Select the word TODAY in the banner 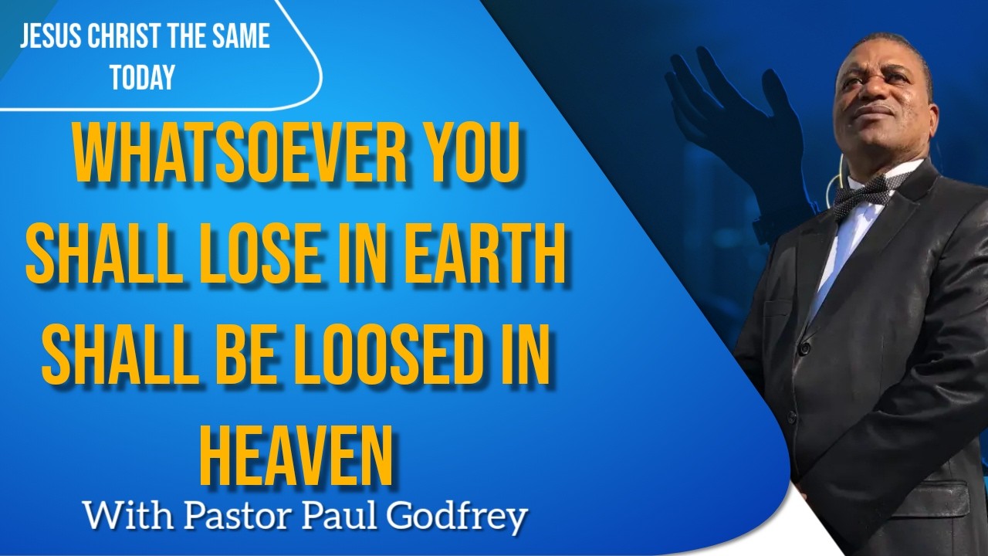143,76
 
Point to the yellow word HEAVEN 296,456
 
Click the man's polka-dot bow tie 864,195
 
